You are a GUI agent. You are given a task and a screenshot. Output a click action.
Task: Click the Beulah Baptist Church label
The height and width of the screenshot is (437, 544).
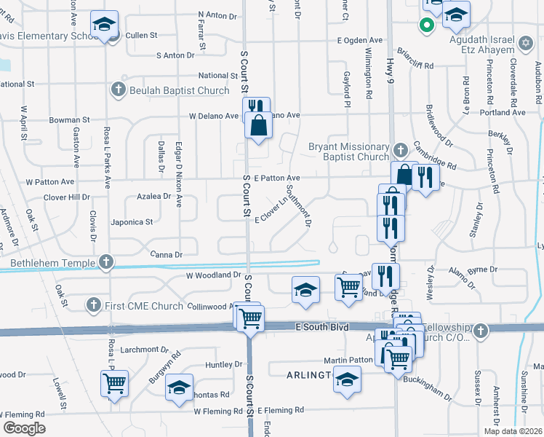(169, 90)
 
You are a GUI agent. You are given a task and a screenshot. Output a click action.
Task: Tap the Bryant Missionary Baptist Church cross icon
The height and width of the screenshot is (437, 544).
(399, 151)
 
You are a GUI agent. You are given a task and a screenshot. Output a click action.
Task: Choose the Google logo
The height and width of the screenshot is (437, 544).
(23, 428)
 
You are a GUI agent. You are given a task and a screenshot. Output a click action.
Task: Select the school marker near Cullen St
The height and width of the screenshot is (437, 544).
(106, 25)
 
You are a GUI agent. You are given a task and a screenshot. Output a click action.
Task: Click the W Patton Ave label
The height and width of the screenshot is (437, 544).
(50, 181)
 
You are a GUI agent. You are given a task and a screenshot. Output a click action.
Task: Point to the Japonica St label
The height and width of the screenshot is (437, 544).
(132, 222)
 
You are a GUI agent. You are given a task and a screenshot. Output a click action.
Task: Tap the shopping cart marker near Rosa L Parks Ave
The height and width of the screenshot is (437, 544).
(115, 383)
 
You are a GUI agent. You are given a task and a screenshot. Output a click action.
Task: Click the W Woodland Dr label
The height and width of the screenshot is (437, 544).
(213, 275)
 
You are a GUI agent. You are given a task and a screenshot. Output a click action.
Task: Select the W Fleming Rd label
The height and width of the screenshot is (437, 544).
(218, 411)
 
